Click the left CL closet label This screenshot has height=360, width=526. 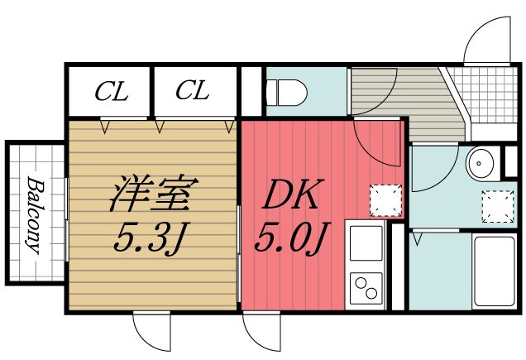[110, 92]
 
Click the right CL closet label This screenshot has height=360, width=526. [192, 91]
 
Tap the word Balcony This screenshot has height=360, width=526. [34, 214]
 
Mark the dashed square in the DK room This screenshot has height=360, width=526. [381, 199]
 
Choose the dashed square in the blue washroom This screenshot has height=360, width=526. [495, 207]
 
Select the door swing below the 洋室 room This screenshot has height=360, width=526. [153, 331]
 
